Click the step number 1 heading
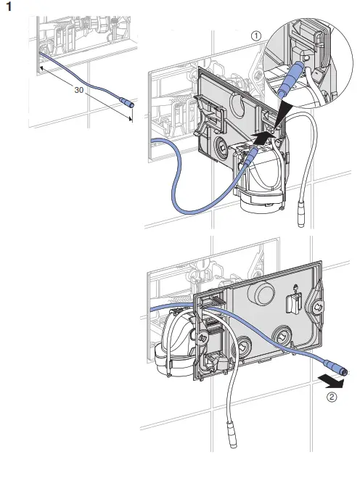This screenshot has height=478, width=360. (x=9, y=7)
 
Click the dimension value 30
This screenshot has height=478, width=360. (x=79, y=90)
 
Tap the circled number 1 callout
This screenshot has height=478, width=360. (x=256, y=36)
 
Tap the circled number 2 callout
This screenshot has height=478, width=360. (x=332, y=397)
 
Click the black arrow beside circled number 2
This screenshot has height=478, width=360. (x=331, y=382)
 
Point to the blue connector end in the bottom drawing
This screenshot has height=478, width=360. (x=335, y=367)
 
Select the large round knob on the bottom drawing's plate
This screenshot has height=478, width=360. (x=261, y=292)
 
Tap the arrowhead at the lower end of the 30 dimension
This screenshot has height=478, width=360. (x=131, y=119)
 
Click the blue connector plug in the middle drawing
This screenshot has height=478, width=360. (x=251, y=155)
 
